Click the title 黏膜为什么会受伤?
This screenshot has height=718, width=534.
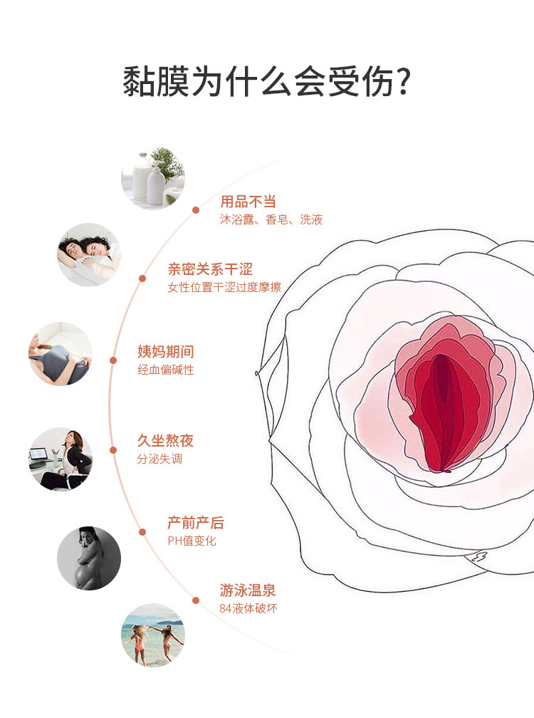[266, 81]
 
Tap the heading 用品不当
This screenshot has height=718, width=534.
[248, 202]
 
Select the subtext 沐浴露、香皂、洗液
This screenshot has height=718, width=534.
[271, 219]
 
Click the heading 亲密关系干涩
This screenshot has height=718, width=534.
[210, 269]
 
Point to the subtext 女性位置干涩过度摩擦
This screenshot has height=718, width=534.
[224, 287]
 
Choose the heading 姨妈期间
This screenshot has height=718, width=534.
[165, 352]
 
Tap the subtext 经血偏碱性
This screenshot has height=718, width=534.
[165, 370]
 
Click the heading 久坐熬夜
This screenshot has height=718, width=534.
[165, 441]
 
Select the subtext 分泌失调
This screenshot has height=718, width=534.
[159, 459]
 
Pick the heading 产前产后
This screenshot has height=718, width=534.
[195, 523]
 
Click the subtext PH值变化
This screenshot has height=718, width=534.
[192, 541]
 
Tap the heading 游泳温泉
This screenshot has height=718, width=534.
[248, 590]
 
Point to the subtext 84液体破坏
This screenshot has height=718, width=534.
[248, 608]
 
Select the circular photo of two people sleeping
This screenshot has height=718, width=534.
[88, 254]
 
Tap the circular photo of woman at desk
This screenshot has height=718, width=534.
[60, 459]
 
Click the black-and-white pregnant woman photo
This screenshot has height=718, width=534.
[88, 558]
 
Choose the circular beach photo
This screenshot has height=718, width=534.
[152, 635]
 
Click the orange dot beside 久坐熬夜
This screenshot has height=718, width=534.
[113, 449]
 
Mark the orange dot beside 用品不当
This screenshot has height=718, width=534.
[196, 210]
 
